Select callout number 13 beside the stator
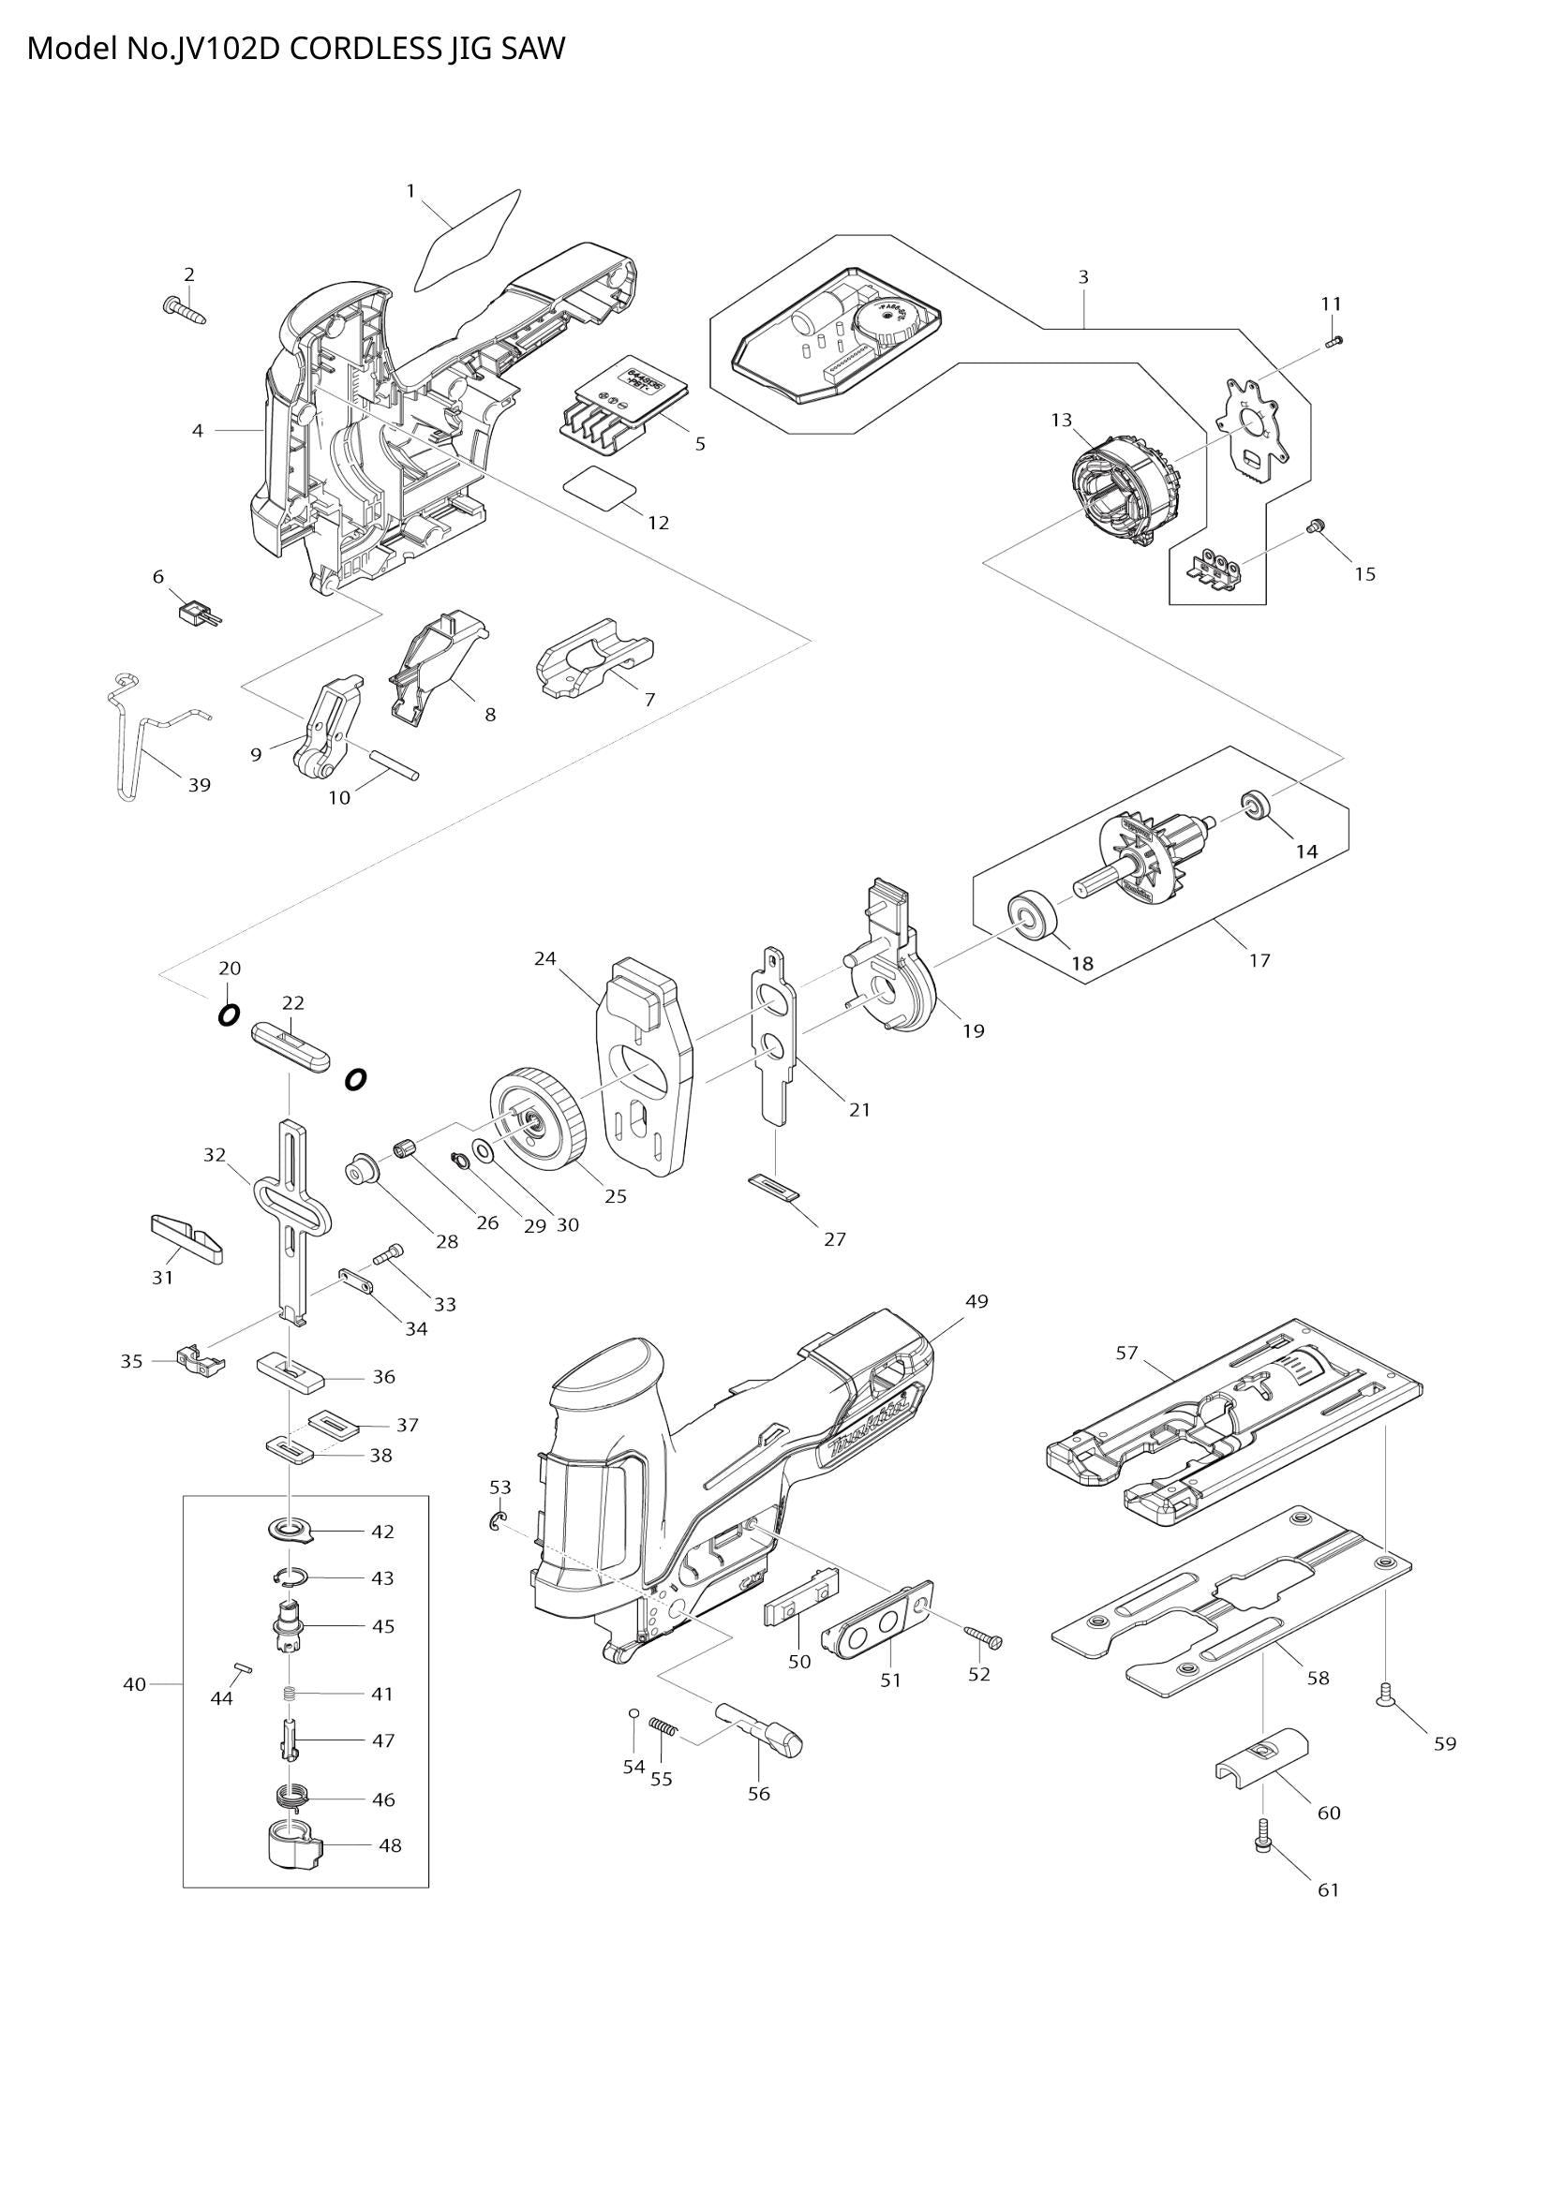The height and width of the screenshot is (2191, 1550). click(x=1062, y=419)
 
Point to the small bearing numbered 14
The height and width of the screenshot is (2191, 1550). click(x=1253, y=805)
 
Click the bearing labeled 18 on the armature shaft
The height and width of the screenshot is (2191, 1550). click(x=1033, y=915)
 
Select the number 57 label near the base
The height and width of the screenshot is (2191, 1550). click(x=1127, y=1353)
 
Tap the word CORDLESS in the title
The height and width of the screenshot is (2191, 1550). click(x=365, y=48)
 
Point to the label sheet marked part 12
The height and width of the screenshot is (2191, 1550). click(x=600, y=485)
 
